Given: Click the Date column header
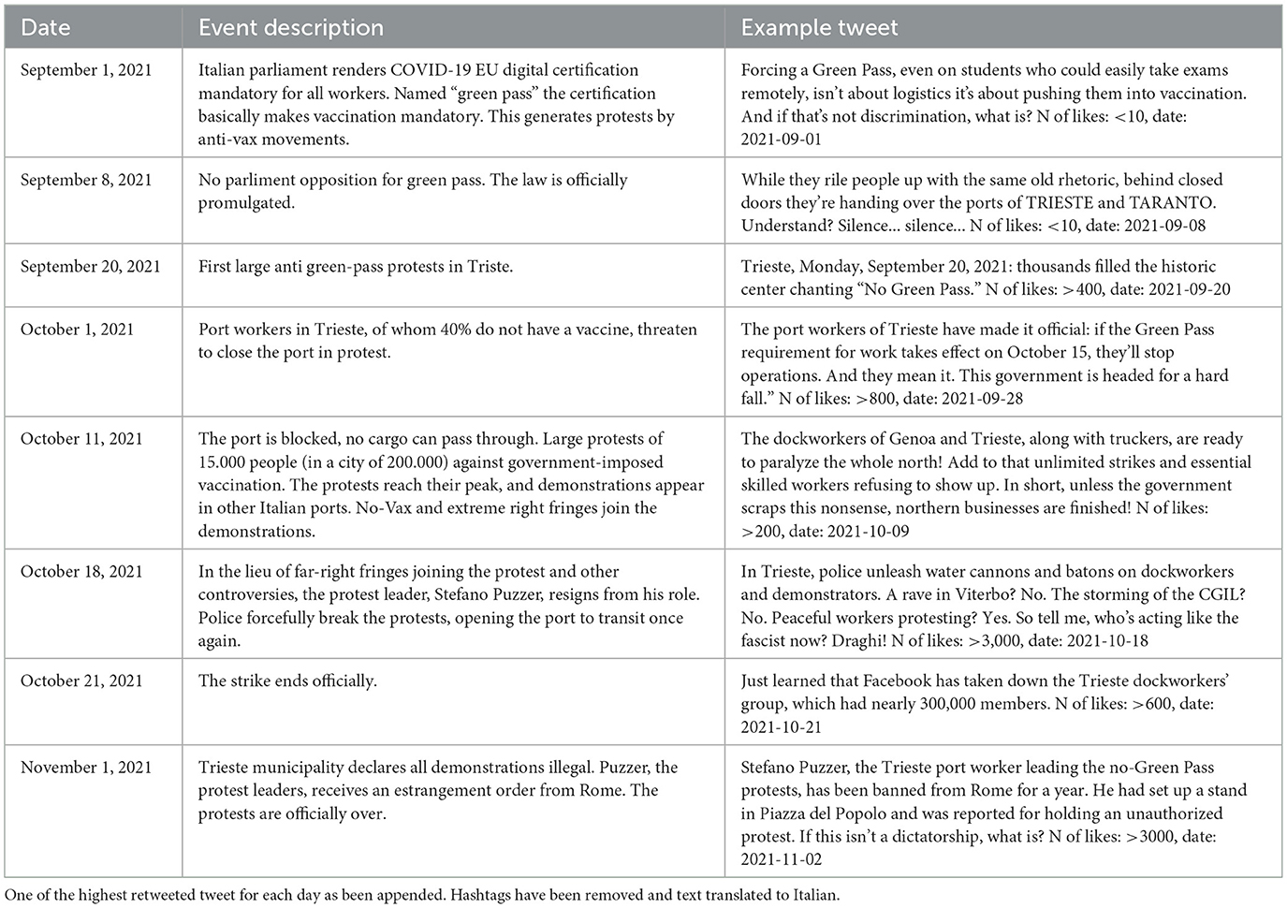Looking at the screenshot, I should coord(45,27).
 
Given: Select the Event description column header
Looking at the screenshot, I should coord(290,27).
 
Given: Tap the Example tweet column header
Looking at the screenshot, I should coord(819,27).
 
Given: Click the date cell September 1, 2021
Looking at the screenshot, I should coord(86,70).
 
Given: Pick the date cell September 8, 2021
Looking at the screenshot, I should coord(86,180).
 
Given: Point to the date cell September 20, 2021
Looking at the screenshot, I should coord(91,266).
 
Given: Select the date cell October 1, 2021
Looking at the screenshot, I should coord(77,330).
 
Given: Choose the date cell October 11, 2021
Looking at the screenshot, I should coord(81,438).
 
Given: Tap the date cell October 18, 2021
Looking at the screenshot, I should coord(81,571).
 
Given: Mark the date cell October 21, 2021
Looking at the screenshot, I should coord(81,681).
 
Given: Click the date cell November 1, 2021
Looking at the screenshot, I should coord(86,767).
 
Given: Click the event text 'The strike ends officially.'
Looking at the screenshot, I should coord(287,681).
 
